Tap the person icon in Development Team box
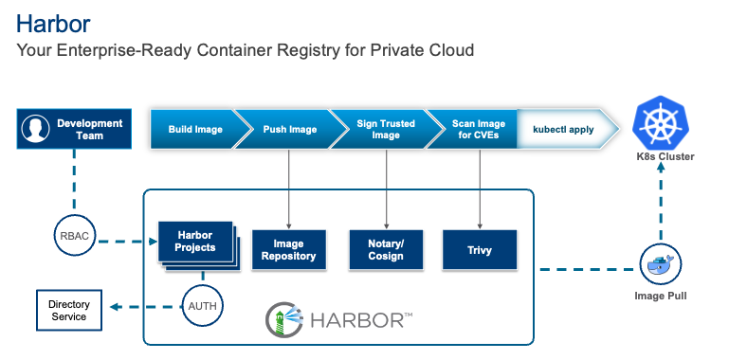coord(36,130)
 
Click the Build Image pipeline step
coord(194,129)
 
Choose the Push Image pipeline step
coord(289,129)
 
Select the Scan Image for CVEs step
coord(477,129)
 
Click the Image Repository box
coord(288,250)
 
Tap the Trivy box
coord(480,250)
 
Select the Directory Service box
coord(68,310)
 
